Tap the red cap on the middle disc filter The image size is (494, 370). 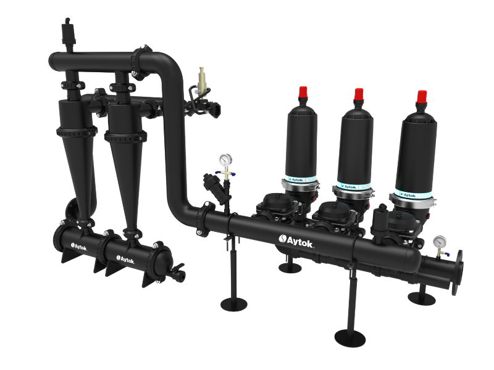click(x=358, y=94)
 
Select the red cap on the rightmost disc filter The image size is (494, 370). click(x=422, y=97)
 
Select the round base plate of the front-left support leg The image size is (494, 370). click(x=234, y=303)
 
